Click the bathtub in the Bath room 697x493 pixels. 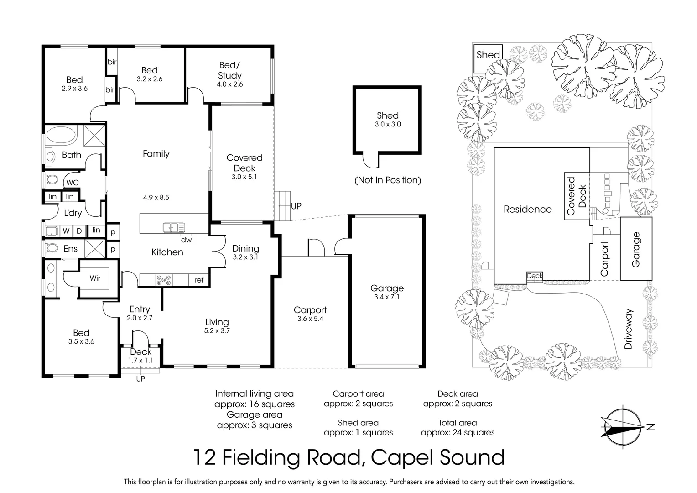[62, 136]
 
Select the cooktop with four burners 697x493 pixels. [164, 280]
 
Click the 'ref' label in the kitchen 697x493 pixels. [199, 280]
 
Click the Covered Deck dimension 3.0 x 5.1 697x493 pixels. [244, 177]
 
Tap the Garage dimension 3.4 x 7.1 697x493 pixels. [387, 297]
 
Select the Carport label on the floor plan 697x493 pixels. [310, 310]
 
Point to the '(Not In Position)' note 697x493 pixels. [388, 180]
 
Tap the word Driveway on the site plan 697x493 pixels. [629, 329]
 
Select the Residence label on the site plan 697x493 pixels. [527, 210]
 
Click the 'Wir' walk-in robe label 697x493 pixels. [95, 278]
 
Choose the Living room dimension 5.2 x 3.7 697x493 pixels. [217, 331]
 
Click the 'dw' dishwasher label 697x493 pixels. [186, 240]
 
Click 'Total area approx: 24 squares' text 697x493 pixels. [458, 428]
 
